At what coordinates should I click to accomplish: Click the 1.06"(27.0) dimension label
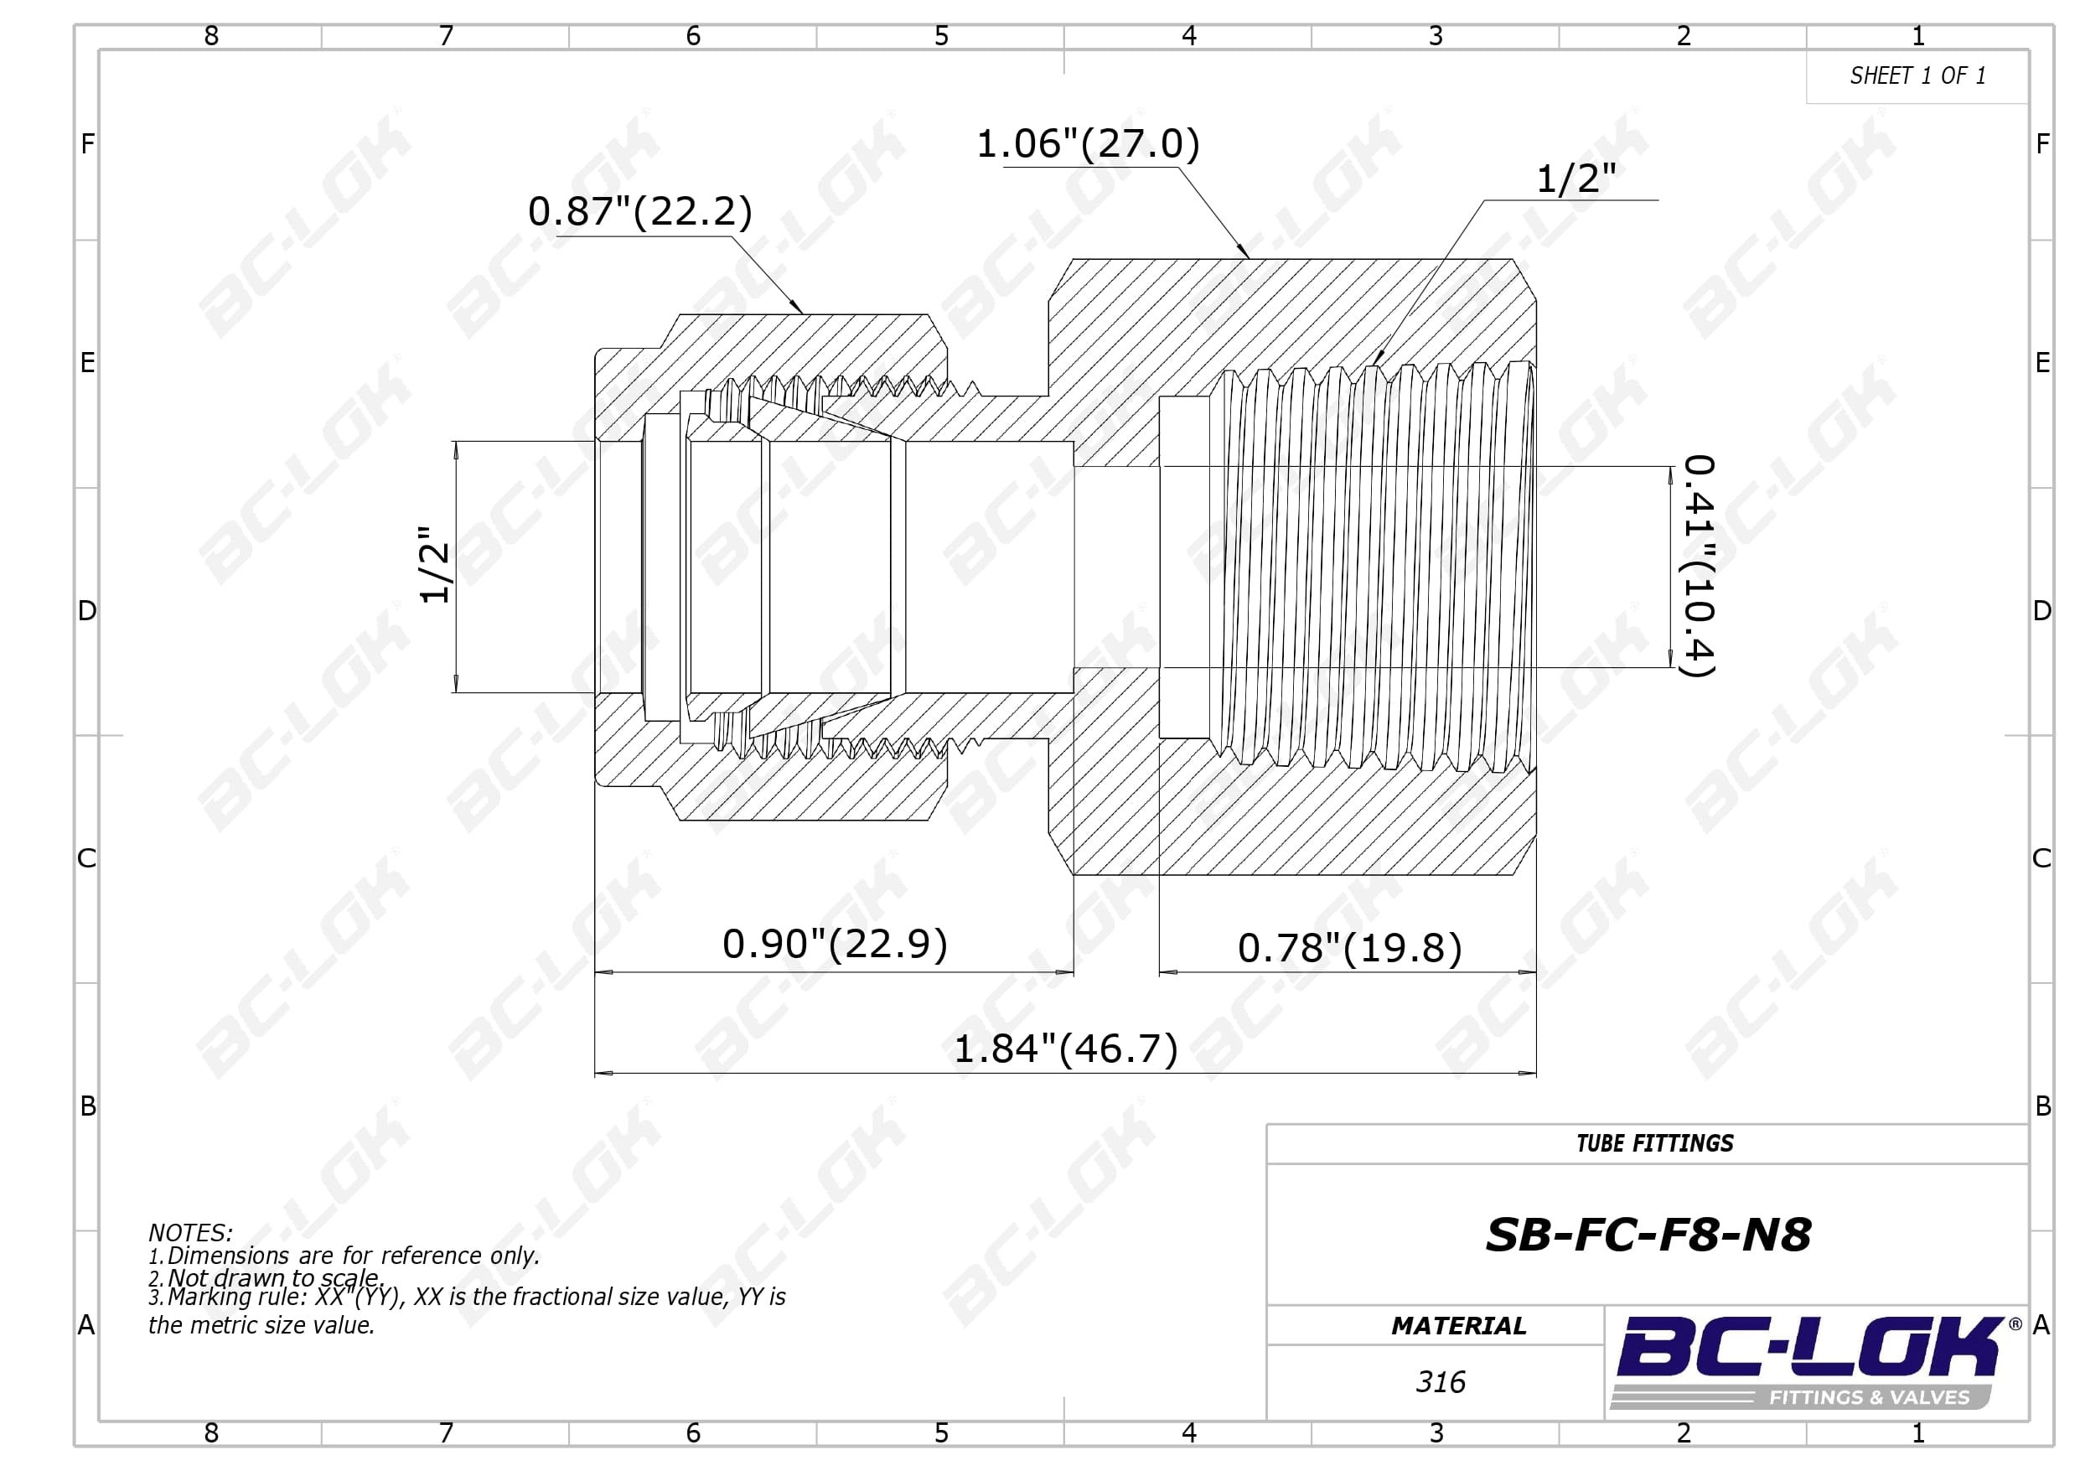coord(1088,143)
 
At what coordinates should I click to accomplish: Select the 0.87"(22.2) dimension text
coord(640,211)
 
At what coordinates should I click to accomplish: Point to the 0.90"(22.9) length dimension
coord(835,945)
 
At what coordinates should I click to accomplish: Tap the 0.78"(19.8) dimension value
coord(1350,949)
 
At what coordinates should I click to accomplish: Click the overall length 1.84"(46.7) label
coord(1066,1049)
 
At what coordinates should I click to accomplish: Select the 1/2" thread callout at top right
coord(1576,179)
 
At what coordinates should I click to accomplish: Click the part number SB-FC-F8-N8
coord(1648,1235)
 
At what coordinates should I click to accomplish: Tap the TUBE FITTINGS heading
coord(1654,1144)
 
